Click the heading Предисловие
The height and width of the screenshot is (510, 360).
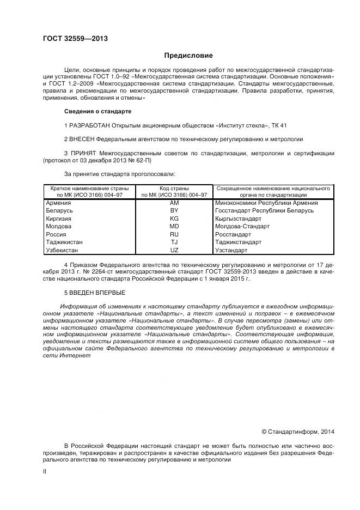tap(188, 56)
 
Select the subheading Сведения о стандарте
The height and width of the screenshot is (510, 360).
tap(98, 112)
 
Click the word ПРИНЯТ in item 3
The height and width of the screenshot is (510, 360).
tap(82, 154)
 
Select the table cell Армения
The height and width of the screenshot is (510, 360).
tap(59, 203)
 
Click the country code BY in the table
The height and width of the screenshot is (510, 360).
tap(174, 210)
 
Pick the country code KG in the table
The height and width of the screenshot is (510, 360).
tap(174, 218)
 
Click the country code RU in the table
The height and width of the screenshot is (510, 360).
tap(174, 234)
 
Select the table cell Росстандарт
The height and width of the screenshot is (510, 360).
tap(235, 234)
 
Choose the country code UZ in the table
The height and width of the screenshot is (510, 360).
tap(174, 250)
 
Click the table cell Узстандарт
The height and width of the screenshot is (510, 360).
tap(231, 250)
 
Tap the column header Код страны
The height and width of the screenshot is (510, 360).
tap(174, 188)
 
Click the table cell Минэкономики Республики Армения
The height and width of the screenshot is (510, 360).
tap(266, 203)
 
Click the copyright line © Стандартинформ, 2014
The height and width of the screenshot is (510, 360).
tap(297, 432)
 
